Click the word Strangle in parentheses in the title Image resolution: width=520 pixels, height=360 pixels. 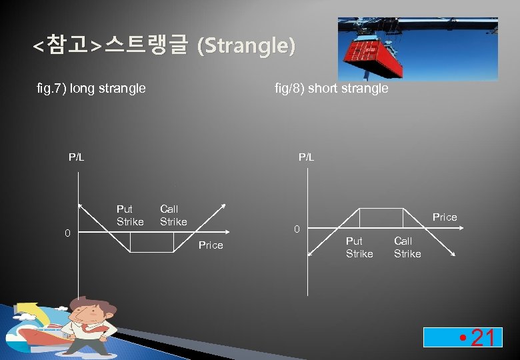pyautogui.click(x=247, y=47)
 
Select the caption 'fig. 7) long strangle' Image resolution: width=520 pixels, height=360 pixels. pyautogui.click(x=91, y=88)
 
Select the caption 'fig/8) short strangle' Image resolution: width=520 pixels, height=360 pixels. pyautogui.click(x=331, y=88)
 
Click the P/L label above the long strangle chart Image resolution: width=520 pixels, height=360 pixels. pyautogui.click(x=77, y=157)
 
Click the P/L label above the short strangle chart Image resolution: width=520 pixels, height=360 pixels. pyautogui.click(x=306, y=157)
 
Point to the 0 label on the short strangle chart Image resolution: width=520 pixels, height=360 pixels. pyautogui.click(x=298, y=229)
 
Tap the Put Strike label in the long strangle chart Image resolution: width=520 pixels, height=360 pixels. pyautogui.click(x=130, y=215)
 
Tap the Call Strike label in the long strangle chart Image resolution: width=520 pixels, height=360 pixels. pyautogui.click(x=173, y=215)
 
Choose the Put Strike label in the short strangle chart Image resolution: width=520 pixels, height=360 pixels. pyautogui.click(x=359, y=247)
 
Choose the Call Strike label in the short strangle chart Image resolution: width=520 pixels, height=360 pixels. pyautogui.click(x=407, y=247)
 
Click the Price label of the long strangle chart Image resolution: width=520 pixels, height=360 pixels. pyautogui.click(x=211, y=245)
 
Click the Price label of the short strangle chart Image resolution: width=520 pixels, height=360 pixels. pyautogui.click(x=445, y=217)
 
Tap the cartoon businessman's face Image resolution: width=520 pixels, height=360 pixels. pyautogui.click(x=90, y=314)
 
